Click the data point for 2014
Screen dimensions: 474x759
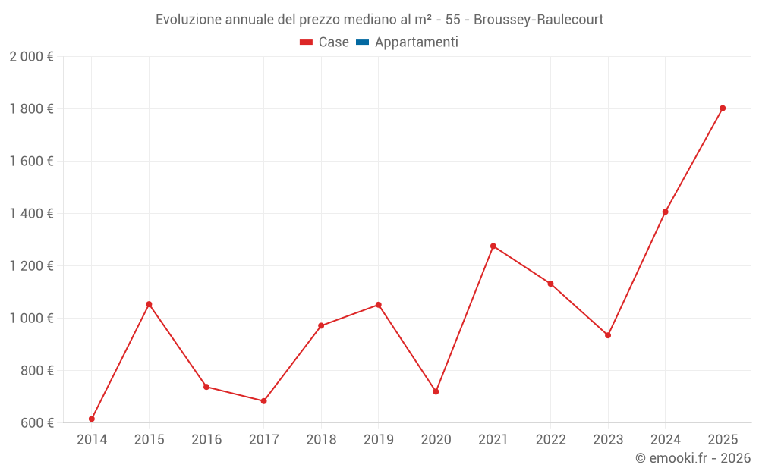coord(92,419)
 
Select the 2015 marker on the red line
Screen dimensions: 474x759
coord(149,304)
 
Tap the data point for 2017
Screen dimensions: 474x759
coord(263,401)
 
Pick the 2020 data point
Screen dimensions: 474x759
coord(436,391)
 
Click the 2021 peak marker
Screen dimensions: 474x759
coord(493,246)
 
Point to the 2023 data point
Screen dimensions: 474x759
coord(608,335)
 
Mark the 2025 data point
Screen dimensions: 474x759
coord(723,108)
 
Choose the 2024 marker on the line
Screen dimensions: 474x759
coord(665,212)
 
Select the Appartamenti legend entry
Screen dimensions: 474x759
coord(416,42)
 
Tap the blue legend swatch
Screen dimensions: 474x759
coord(362,42)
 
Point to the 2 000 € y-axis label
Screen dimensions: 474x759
coord(31,57)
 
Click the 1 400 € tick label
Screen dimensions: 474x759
coord(31,214)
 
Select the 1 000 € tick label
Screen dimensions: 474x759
coord(31,319)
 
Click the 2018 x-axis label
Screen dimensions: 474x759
coord(321,439)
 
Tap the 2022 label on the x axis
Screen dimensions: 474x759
coord(550,439)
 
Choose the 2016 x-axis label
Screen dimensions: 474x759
coord(206,439)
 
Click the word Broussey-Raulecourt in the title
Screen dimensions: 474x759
coord(538,20)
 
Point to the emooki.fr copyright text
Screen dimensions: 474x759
coord(693,458)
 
